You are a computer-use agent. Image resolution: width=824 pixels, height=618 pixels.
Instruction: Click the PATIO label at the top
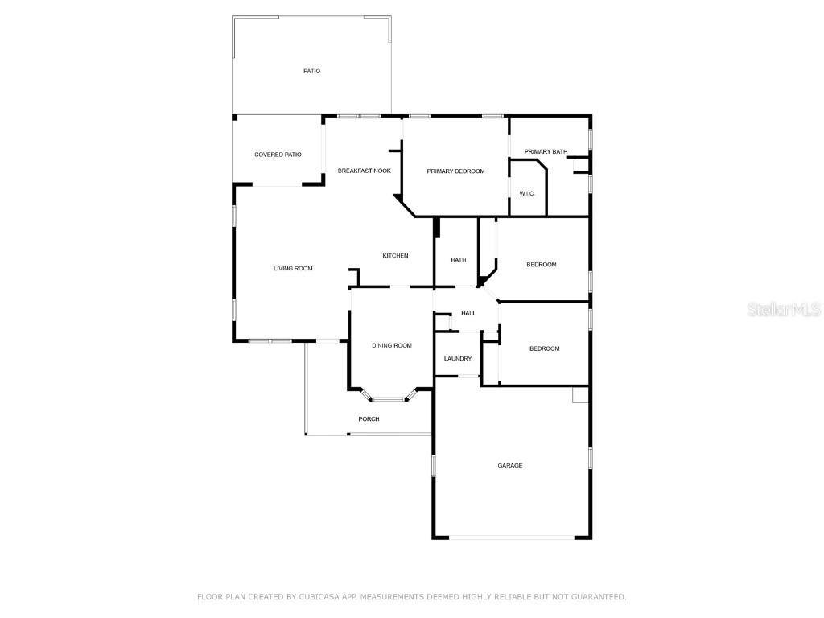click(x=311, y=71)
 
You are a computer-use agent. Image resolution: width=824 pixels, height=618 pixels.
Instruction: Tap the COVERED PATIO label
click(x=278, y=154)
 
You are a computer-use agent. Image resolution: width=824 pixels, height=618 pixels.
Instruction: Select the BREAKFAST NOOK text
click(x=365, y=171)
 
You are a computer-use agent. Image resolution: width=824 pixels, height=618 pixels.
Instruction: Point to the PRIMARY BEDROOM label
click(x=455, y=171)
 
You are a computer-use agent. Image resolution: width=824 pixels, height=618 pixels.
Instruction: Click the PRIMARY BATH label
click(x=546, y=151)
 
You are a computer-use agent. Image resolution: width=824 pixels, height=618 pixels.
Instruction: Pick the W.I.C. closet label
click(x=527, y=193)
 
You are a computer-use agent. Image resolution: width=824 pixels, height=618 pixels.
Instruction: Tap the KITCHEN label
click(x=395, y=255)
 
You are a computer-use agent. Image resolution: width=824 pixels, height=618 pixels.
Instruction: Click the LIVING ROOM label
click(x=293, y=269)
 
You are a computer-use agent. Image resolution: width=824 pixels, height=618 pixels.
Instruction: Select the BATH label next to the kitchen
click(x=458, y=260)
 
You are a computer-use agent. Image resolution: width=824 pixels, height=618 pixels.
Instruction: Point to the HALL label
click(x=468, y=313)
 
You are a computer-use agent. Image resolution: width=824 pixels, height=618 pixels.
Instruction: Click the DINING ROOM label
click(x=392, y=345)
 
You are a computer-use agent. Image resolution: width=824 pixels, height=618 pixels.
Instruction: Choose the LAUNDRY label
click(x=458, y=358)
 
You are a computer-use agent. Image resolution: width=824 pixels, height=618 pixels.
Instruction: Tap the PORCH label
click(x=369, y=418)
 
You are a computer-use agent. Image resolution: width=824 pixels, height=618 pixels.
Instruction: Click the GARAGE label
click(x=509, y=465)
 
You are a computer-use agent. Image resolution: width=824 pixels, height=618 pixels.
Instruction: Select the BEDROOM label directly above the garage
click(x=545, y=348)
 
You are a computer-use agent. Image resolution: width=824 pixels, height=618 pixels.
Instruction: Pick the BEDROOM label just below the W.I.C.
click(x=542, y=264)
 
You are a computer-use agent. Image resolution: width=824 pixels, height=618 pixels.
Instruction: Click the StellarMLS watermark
click(x=784, y=309)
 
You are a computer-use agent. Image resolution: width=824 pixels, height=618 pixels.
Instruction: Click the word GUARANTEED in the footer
click(x=599, y=597)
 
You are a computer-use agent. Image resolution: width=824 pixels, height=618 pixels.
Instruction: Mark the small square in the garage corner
click(x=580, y=394)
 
